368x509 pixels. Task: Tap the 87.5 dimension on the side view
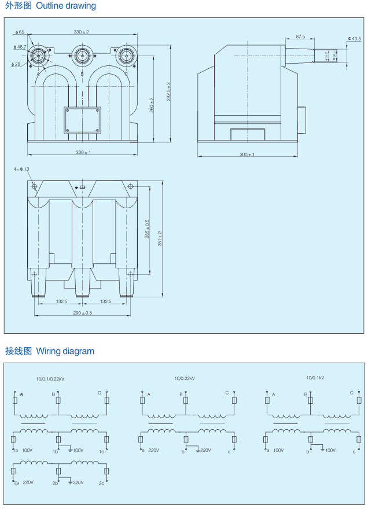[300, 36]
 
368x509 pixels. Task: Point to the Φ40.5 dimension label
[354, 38]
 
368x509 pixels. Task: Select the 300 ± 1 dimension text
[247, 154]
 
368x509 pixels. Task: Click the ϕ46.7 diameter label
[20, 47]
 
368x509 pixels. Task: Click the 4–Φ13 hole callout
[21, 169]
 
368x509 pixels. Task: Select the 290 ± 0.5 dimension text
[82, 313]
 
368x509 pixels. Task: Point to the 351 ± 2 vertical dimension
[161, 239]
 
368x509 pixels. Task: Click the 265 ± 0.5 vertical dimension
[148, 229]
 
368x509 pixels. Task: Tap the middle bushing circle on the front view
[82, 56]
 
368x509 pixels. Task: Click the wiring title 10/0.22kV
[184, 378]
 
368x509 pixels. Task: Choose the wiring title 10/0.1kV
[315, 378]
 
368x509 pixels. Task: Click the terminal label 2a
[16, 482]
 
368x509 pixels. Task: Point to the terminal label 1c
[101, 451]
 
